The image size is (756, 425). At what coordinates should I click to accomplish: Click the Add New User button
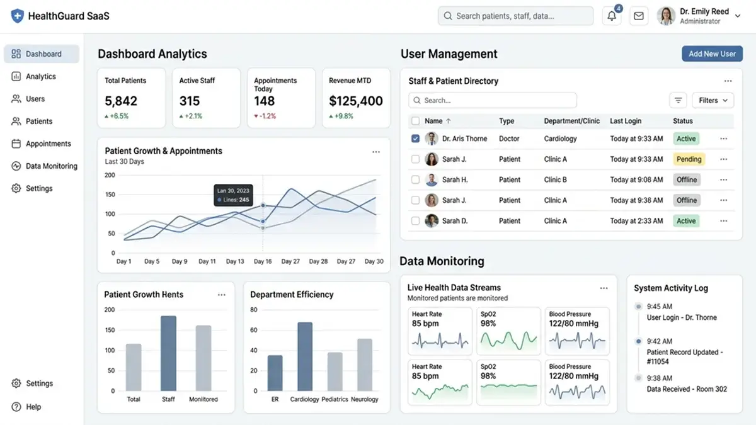[712, 54]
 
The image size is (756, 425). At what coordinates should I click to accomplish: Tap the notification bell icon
[612, 16]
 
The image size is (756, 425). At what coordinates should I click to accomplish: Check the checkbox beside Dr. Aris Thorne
[415, 139]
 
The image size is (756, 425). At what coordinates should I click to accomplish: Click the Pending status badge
[689, 159]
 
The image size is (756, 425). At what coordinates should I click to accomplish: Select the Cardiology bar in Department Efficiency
[305, 356]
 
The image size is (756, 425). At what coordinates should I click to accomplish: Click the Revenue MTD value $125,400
[356, 101]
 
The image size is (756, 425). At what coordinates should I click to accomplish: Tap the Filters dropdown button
[713, 100]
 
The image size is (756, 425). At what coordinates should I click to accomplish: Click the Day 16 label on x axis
[263, 261]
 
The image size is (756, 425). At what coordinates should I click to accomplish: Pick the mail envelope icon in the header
[639, 16]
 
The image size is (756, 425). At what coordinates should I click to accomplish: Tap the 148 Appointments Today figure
[265, 101]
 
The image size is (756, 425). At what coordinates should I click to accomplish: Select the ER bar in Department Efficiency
[275, 373]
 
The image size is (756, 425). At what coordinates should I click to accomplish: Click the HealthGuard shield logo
[17, 16]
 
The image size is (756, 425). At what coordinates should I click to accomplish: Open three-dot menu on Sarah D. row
[723, 221]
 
